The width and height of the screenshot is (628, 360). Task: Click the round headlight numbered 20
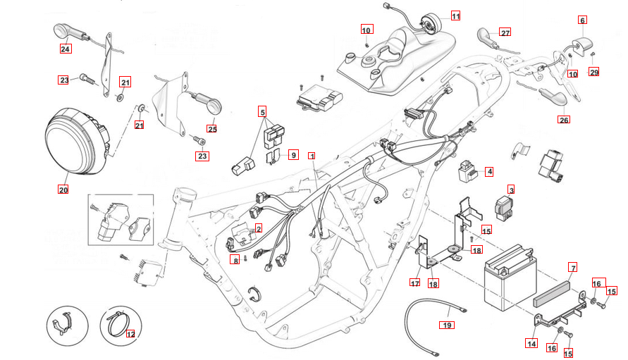click(x=75, y=140)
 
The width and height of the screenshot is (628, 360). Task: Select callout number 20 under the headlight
click(x=63, y=190)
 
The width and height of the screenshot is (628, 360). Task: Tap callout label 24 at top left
click(x=66, y=49)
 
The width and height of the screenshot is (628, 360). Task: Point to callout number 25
click(x=212, y=128)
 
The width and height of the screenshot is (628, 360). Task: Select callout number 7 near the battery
click(x=573, y=268)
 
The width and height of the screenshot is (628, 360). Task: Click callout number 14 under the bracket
click(x=531, y=344)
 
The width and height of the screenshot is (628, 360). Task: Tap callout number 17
click(x=415, y=283)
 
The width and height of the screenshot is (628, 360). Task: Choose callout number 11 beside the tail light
click(x=455, y=15)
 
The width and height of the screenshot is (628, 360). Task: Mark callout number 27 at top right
click(x=505, y=32)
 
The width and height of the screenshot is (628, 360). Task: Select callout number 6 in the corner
click(x=582, y=20)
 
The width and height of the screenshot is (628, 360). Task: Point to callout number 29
click(x=593, y=73)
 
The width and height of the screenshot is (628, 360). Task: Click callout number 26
click(x=563, y=120)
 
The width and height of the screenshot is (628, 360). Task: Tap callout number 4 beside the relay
click(x=489, y=171)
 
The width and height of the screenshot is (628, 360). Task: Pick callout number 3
click(x=512, y=190)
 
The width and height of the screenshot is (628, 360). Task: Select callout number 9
click(x=293, y=154)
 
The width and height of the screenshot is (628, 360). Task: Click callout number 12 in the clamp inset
click(x=130, y=335)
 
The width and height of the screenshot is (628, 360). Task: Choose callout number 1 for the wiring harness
click(x=311, y=155)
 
